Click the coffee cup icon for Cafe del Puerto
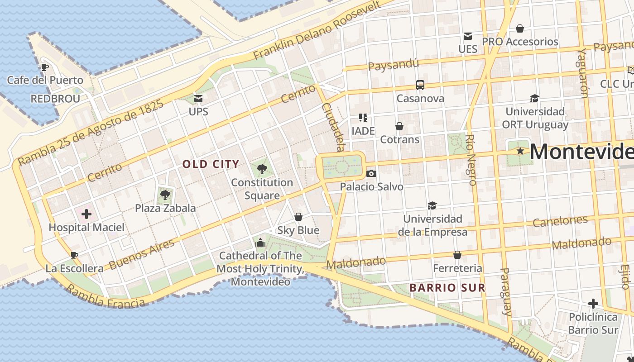coord(44,67)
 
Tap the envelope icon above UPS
coord(198,98)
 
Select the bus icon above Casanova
coord(420,85)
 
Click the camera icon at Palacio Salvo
coord(371,173)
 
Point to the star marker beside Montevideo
coord(520,151)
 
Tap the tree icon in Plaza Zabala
coord(165,195)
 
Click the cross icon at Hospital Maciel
coord(86,214)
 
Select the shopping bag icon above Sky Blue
coord(298,217)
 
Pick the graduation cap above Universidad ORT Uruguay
coord(535,98)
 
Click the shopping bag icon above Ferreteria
coord(457,255)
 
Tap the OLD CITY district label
coord(211,164)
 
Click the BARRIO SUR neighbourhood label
coord(447,288)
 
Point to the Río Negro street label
coord(471,160)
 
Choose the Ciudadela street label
coord(333,127)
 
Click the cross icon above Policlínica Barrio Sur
coord(593,304)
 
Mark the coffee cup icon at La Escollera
coord(74,255)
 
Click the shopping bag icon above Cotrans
coord(399,126)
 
